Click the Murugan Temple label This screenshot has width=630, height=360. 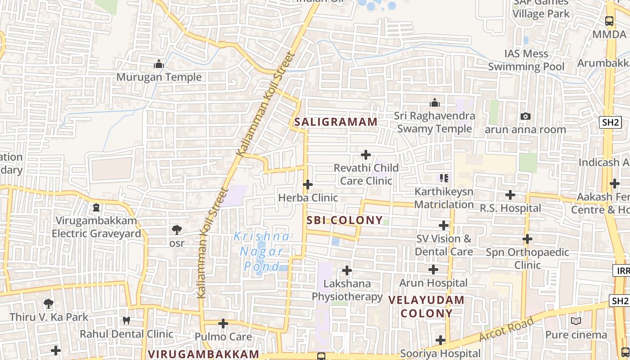click(x=159, y=77)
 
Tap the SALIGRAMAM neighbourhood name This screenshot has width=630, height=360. click(x=336, y=122)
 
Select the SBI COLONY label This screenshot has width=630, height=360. click(x=345, y=220)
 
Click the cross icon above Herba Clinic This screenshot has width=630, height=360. click(x=308, y=184)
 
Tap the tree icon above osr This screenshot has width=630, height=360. click(x=177, y=230)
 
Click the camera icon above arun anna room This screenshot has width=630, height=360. click(x=525, y=117)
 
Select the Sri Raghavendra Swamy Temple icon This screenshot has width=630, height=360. click(x=434, y=103)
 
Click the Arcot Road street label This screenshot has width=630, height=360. click(x=506, y=329)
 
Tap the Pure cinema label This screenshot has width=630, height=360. click(x=576, y=335)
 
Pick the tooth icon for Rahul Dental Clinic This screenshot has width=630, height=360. click(x=126, y=320)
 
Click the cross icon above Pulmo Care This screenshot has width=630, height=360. click(x=223, y=324)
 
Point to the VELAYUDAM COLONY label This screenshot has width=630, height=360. click(x=426, y=306)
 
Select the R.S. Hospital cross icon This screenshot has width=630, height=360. click(x=510, y=195)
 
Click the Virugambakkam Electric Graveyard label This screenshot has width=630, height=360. click(x=96, y=227)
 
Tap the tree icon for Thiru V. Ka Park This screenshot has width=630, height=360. click(x=49, y=304)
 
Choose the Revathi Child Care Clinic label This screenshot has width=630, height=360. click(x=366, y=174)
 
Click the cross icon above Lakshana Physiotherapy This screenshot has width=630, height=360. click(x=346, y=270)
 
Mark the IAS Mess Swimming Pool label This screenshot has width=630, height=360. click(x=526, y=60)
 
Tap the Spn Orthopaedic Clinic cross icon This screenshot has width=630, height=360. click(x=527, y=239)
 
